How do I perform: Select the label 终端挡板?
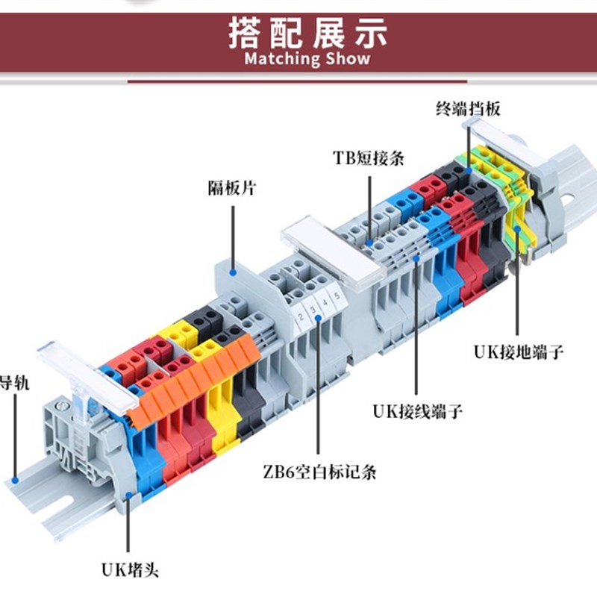pos(468,109)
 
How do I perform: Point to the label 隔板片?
pos(231,188)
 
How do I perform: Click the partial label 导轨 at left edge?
pos(13,384)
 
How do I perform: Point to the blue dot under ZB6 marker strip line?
pos(319,317)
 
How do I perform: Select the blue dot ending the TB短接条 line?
pos(370,243)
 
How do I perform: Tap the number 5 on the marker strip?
pos(337,296)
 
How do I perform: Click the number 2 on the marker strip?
pos(300,319)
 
